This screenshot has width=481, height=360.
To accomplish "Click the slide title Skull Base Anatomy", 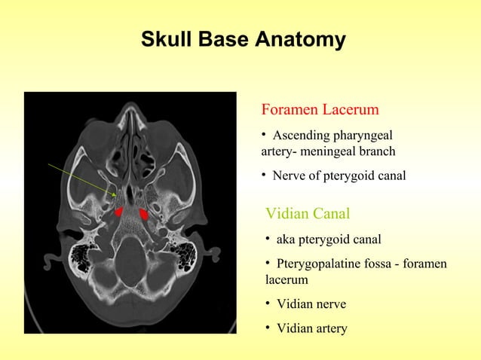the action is point(243,39).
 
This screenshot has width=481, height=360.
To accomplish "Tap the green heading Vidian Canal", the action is point(308,213).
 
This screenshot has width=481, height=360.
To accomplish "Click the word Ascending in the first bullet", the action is point(300,136).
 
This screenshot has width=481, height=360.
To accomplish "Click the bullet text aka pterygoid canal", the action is point(328,239).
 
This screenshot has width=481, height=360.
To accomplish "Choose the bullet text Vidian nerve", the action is point(311,304).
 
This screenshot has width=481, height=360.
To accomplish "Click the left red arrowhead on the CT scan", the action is point(118,212).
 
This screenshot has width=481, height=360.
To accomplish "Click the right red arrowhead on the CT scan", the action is point(143,214).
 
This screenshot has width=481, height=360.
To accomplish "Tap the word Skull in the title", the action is point(166,39).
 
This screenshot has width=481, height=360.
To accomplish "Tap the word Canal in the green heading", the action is point(331,213).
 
